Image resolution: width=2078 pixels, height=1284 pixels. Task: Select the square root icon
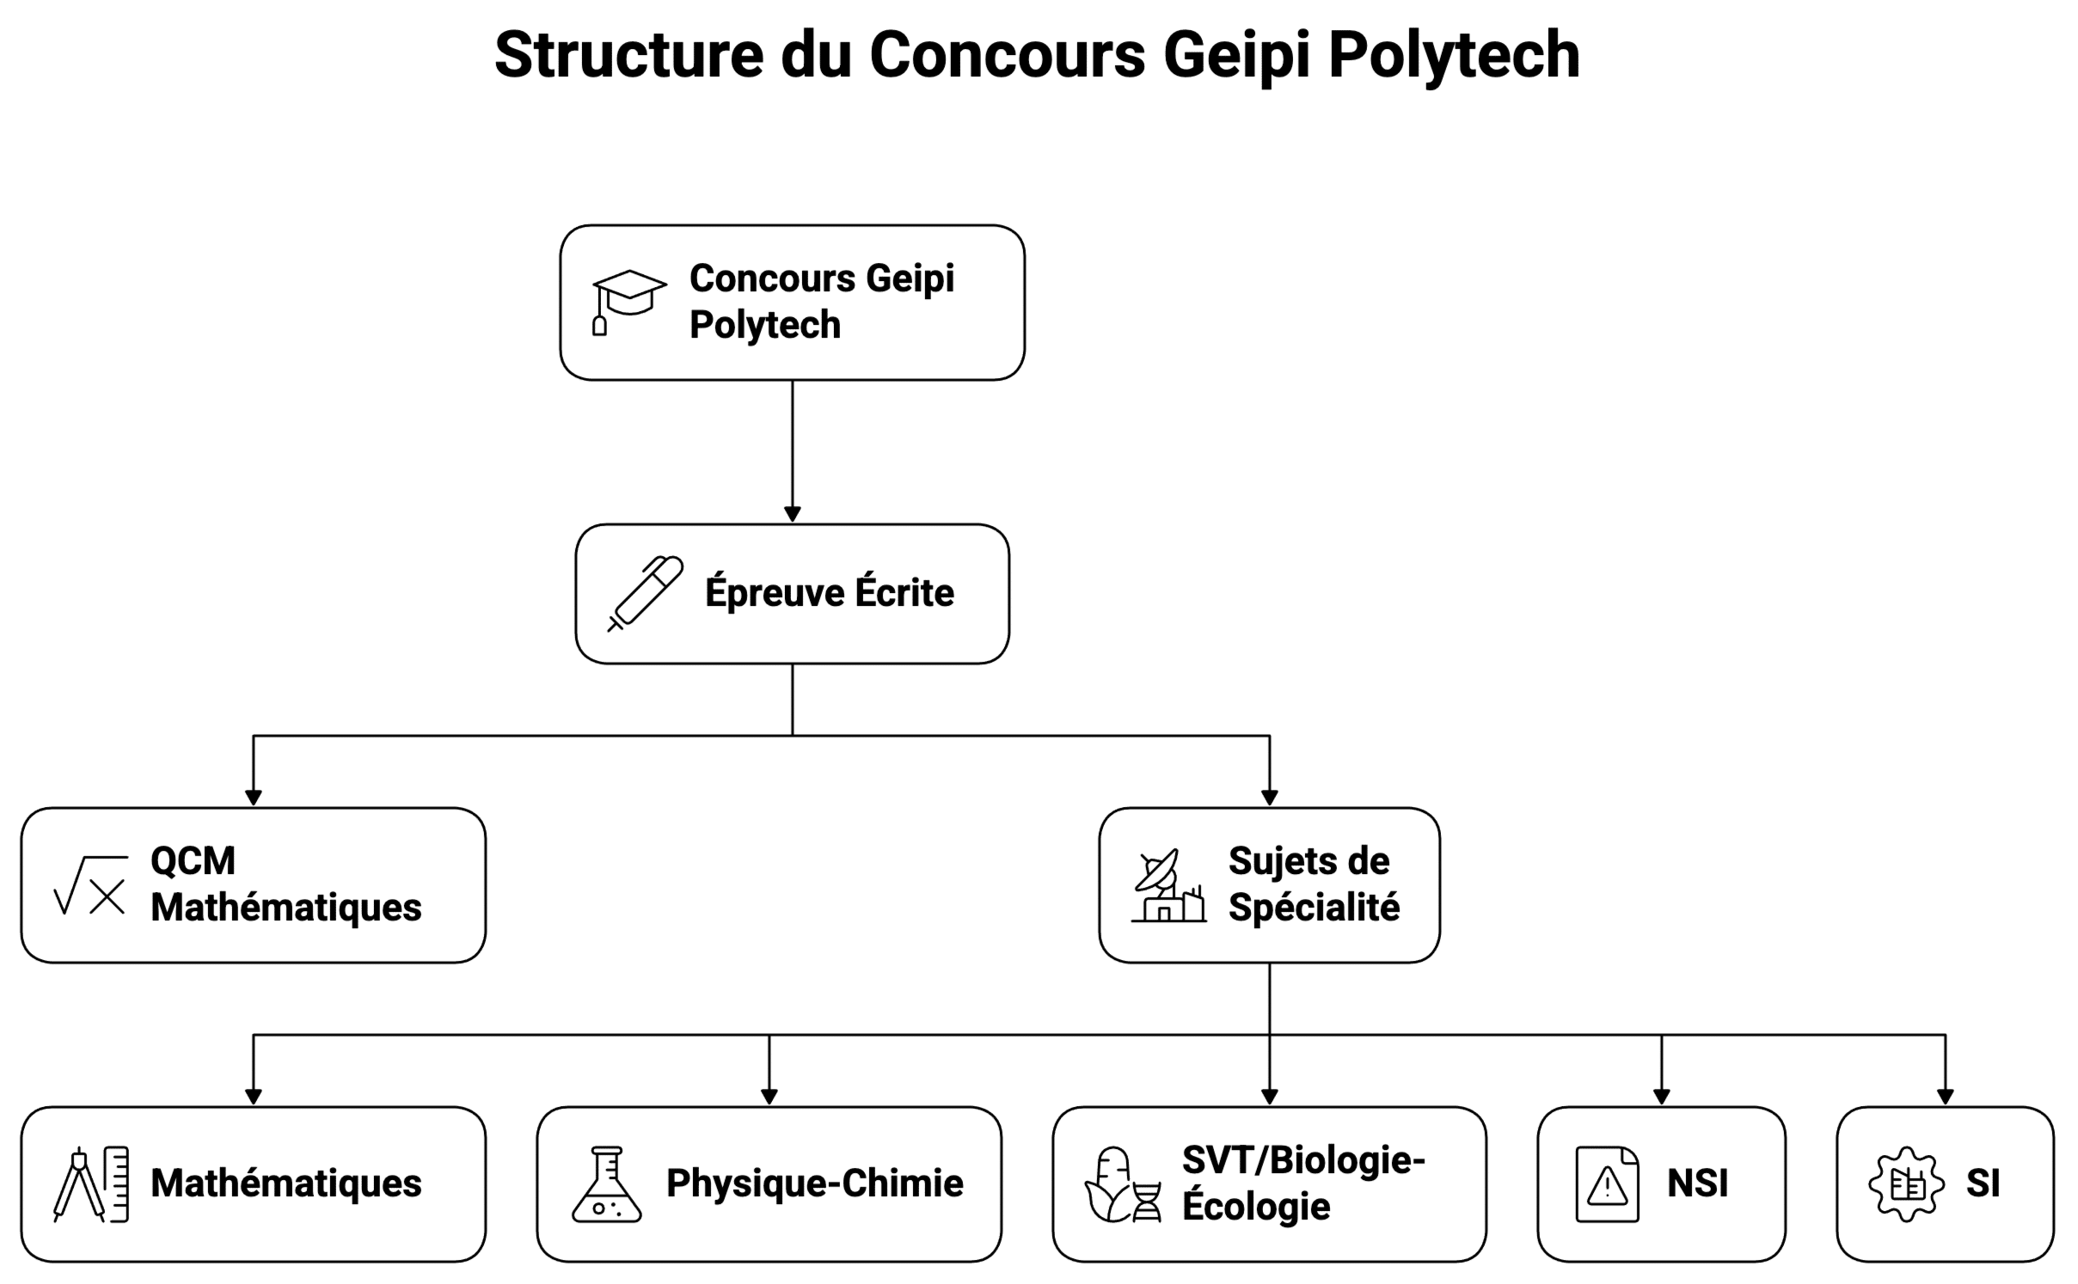[90, 884]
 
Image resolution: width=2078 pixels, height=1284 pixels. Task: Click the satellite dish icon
[1168, 886]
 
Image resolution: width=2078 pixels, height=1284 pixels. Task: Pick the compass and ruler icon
[91, 1183]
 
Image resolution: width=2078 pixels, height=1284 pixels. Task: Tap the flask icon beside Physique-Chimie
[606, 1183]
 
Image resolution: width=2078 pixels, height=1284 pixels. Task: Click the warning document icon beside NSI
[1606, 1183]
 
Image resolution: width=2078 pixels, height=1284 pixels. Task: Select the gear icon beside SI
[1906, 1183]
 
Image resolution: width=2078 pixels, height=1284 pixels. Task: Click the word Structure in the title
[628, 55]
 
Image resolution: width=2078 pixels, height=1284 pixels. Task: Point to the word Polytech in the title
[1453, 55]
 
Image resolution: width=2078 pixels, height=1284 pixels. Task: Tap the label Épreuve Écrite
[829, 593]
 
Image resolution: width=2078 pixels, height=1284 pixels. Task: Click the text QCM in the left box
[193, 861]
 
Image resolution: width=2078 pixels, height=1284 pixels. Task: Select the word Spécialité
[1314, 908]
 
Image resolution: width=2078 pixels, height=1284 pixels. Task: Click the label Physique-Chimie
[814, 1183]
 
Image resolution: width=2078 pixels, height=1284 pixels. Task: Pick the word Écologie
[1255, 1206]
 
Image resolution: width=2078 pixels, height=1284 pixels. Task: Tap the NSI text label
[1697, 1183]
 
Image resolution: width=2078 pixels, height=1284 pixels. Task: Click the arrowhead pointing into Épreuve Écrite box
[792, 514]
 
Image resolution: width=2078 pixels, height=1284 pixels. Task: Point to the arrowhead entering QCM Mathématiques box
[253, 798]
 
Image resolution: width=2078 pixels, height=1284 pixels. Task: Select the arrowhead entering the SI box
[1945, 1097]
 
